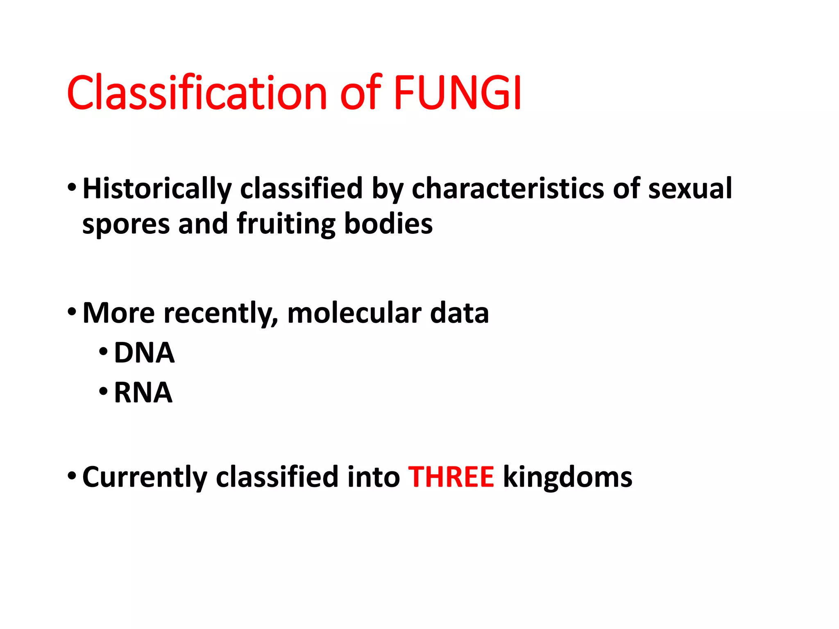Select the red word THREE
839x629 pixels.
click(x=451, y=477)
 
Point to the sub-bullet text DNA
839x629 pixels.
click(x=144, y=353)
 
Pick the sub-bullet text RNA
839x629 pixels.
click(x=143, y=393)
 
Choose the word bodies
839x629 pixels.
click(x=388, y=224)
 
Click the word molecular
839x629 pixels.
click(x=354, y=313)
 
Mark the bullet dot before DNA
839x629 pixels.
click(x=103, y=351)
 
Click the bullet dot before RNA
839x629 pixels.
click(x=103, y=391)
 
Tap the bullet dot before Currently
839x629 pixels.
click(x=72, y=476)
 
